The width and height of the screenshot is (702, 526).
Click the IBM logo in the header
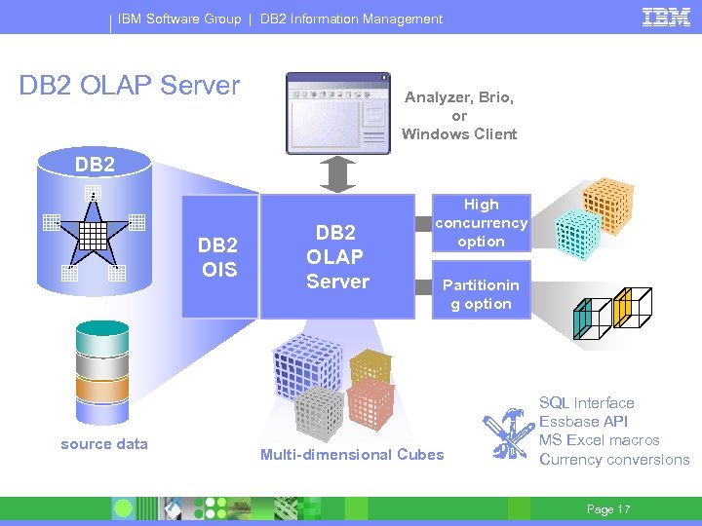pyautogui.click(x=666, y=17)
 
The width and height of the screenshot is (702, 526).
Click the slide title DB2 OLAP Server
pyautogui.click(x=130, y=86)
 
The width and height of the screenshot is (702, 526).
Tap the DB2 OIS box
pyautogui.click(x=218, y=257)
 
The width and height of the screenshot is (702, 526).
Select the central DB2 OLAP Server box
pyautogui.click(x=336, y=257)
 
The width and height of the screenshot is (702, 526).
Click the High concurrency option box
pyautogui.click(x=481, y=223)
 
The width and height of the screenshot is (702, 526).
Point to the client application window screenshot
pyautogui.click(x=336, y=113)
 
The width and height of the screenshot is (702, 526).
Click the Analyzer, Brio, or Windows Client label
pyautogui.click(x=459, y=116)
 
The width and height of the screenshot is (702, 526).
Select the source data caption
pyautogui.click(x=104, y=444)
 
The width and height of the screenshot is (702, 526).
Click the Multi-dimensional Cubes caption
pyautogui.click(x=352, y=454)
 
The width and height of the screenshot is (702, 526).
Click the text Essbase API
pyautogui.click(x=583, y=422)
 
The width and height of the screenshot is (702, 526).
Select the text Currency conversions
pyautogui.click(x=614, y=460)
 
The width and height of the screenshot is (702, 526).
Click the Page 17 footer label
pyautogui.click(x=607, y=509)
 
